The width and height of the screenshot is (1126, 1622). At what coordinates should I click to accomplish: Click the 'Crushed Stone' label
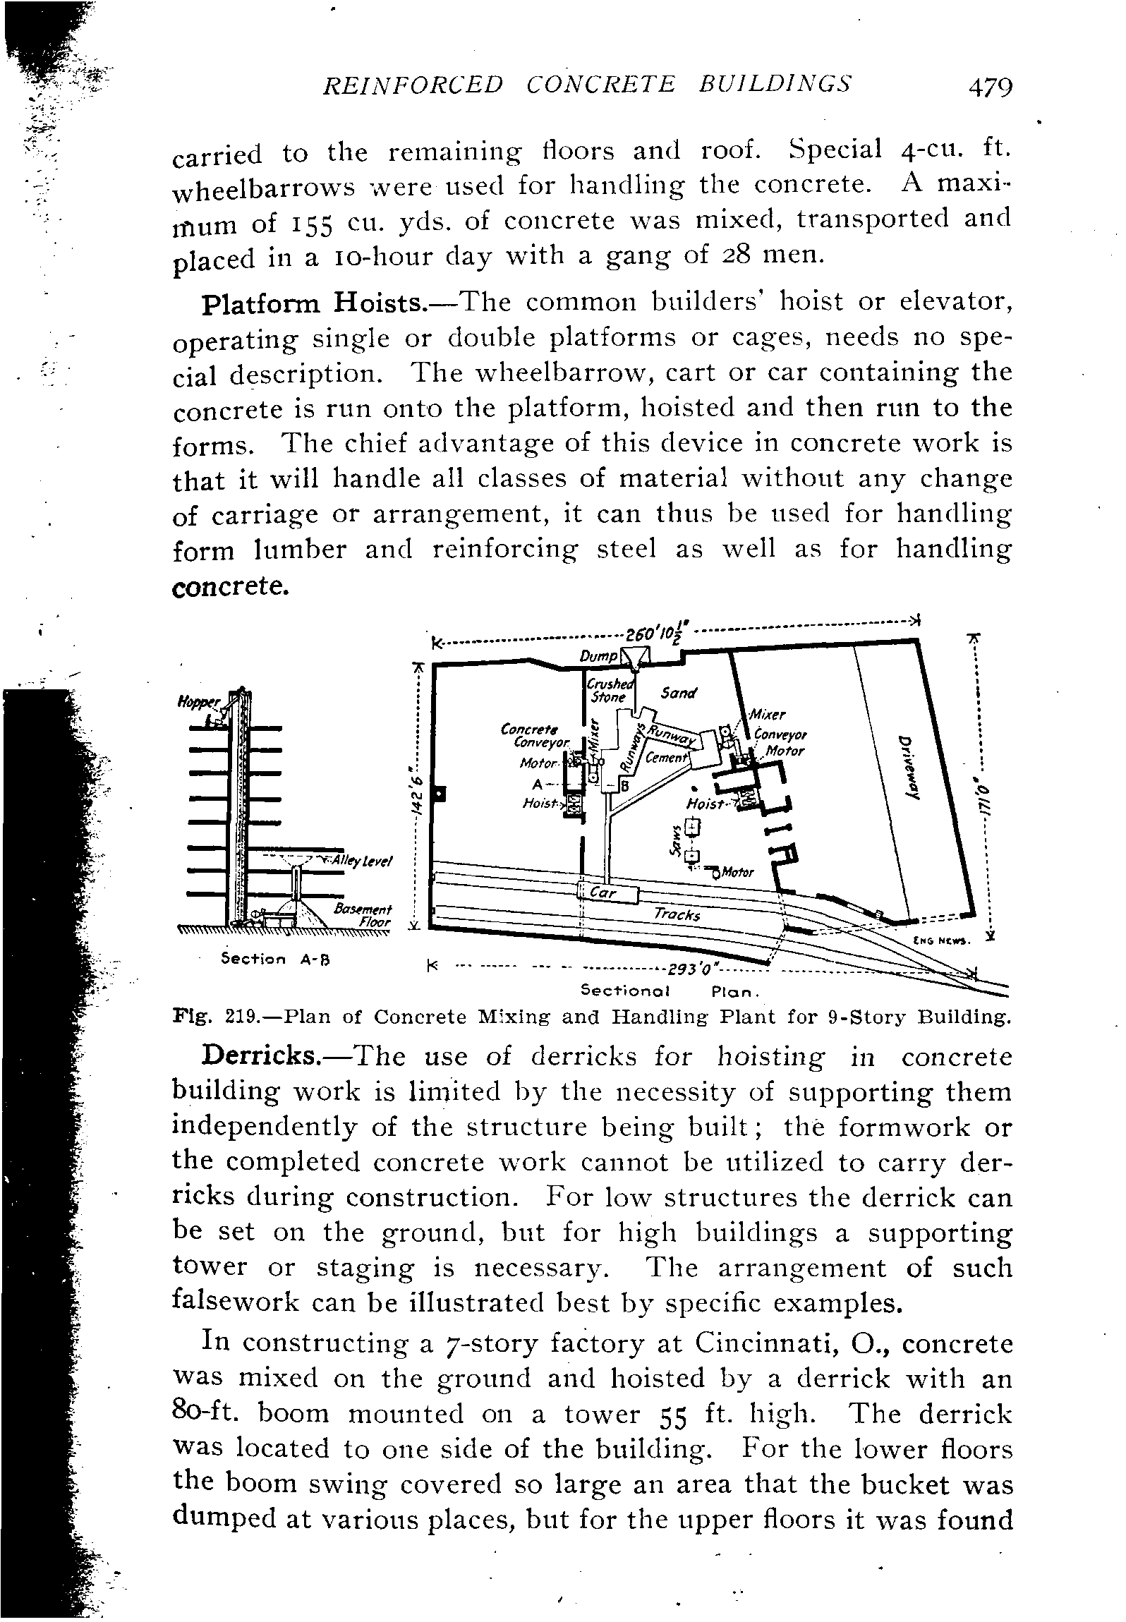click(x=610, y=691)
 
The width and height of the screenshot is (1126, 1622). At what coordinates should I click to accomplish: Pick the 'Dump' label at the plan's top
click(x=595, y=657)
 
